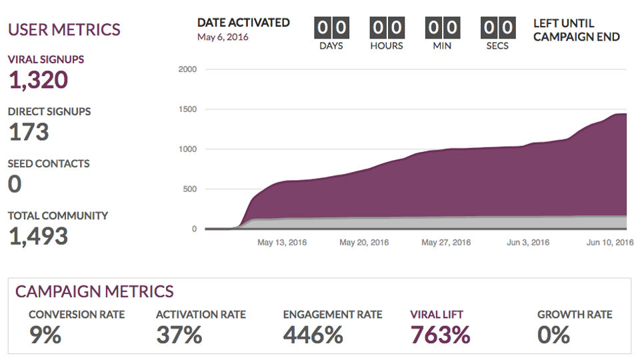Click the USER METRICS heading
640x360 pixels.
point(64,29)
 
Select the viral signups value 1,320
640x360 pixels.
point(38,80)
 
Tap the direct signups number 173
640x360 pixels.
point(29,132)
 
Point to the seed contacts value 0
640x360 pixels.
point(15,184)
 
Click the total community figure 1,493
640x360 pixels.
point(38,236)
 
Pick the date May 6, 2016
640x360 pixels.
point(223,37)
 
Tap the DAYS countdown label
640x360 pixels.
point(331,46)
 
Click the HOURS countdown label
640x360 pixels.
point(387,46)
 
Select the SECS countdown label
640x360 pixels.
point(497,46)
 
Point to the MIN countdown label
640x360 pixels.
point(442,46)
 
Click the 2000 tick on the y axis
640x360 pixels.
point(188,69)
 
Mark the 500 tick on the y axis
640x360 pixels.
point(190,189)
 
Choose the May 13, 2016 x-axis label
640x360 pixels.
point(282,243)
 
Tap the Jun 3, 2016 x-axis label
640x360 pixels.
point(527,243)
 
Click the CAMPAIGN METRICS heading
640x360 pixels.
point(95,291)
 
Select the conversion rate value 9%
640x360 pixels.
point(45,335)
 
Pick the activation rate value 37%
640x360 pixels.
point(179,335)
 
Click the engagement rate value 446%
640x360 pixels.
point(313,335)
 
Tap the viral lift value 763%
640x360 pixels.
point(440,335)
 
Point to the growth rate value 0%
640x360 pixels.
point(554,335)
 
